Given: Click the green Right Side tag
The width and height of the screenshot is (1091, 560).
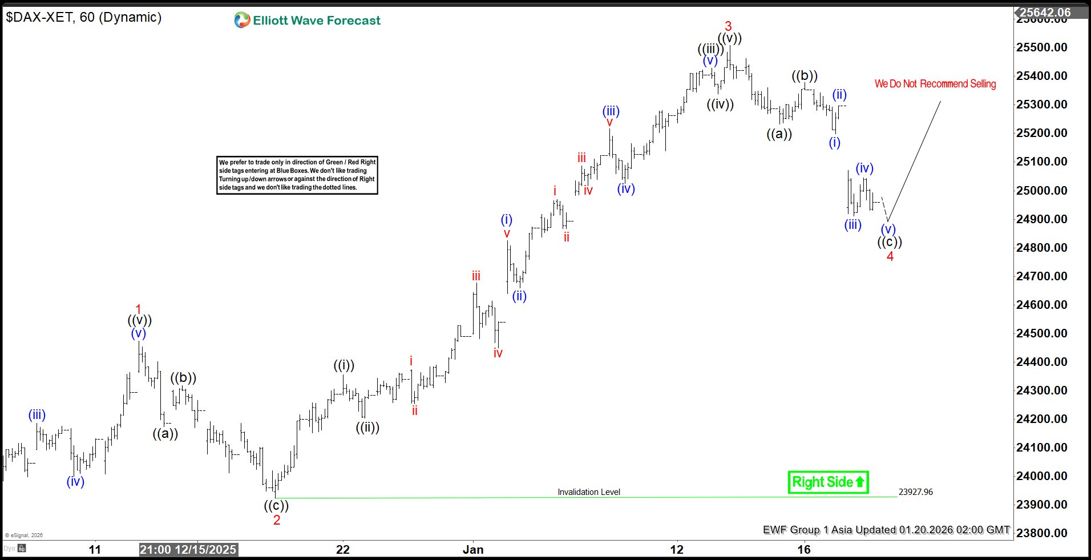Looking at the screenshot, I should pos(827,482).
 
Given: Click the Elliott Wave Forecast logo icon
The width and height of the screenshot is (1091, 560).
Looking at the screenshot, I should pos(242,20).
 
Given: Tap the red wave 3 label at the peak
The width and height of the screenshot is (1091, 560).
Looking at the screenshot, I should pos(728,26).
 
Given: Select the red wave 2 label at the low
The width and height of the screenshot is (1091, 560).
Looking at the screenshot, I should pos(277,520).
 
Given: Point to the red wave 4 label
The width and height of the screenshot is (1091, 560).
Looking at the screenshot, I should pos(890,256).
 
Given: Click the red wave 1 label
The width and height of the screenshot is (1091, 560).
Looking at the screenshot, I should pos(138,309).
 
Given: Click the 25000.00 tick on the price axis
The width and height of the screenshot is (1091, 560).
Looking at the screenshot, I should pos(1041,190).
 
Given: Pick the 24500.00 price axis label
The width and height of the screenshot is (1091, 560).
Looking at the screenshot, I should pos(1041,333).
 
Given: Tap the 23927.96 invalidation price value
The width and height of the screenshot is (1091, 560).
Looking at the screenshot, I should pos(915,492).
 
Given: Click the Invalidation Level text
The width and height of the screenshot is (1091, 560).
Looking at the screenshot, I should pos(588,492).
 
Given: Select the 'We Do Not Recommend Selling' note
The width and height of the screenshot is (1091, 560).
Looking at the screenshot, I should pos(935,84).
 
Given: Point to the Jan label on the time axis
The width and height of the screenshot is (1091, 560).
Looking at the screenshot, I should pos(473,550).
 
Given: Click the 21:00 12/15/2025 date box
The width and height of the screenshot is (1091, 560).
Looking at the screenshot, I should pos(188,550).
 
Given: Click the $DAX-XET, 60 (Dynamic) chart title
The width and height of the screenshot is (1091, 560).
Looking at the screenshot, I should pos(84,17).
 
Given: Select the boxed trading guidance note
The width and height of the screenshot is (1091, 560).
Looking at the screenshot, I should pos(297,175).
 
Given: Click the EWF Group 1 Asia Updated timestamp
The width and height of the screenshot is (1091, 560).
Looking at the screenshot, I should pos(886,530).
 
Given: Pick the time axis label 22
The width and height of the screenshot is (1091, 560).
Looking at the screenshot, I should pos(343,550).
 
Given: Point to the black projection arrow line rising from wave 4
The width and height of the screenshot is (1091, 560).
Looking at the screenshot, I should pos(914,161).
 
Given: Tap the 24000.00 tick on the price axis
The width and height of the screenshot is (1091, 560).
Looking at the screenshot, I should pos(1041,476).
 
